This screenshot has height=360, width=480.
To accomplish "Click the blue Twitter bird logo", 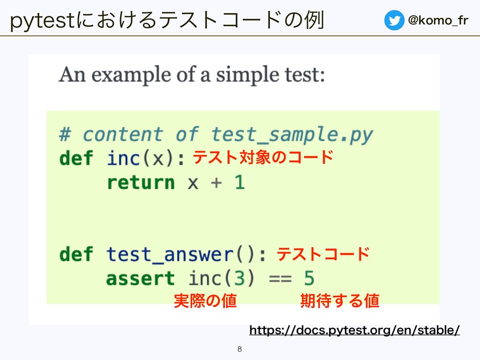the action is [x=394, y=20].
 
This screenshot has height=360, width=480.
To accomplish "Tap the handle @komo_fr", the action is [x=438, y=21].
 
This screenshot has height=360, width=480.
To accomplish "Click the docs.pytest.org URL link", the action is [x=354, y=330].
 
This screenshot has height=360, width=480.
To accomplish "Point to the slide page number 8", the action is [x=240, y=349].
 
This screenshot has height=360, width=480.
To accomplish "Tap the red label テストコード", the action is [x=323, y=254].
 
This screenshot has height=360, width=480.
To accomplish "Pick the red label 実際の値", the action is [x=205, y=300].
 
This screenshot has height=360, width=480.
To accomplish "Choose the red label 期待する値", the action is [x=340, y=300].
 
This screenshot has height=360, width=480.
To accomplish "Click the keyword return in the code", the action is [x=141, y=183].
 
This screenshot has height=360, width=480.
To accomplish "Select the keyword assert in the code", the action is [x=141, y=278].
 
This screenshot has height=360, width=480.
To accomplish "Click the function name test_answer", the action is [x=170, y=255].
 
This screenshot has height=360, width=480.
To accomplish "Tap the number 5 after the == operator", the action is [x=309, y=278].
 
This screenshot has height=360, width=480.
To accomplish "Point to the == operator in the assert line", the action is [x=280, y=279].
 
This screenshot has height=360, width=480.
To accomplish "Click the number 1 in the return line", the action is [x=240, y=182].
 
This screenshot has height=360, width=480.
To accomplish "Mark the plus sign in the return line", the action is [x=217, y=183].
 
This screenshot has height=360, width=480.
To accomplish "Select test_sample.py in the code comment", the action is [x=292, y=135].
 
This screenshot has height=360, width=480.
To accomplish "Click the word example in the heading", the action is [x=131, y=75].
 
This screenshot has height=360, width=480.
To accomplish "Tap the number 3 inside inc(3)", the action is [x=239, y=278].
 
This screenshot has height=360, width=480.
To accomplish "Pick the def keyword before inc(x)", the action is [x=76, y=158].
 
